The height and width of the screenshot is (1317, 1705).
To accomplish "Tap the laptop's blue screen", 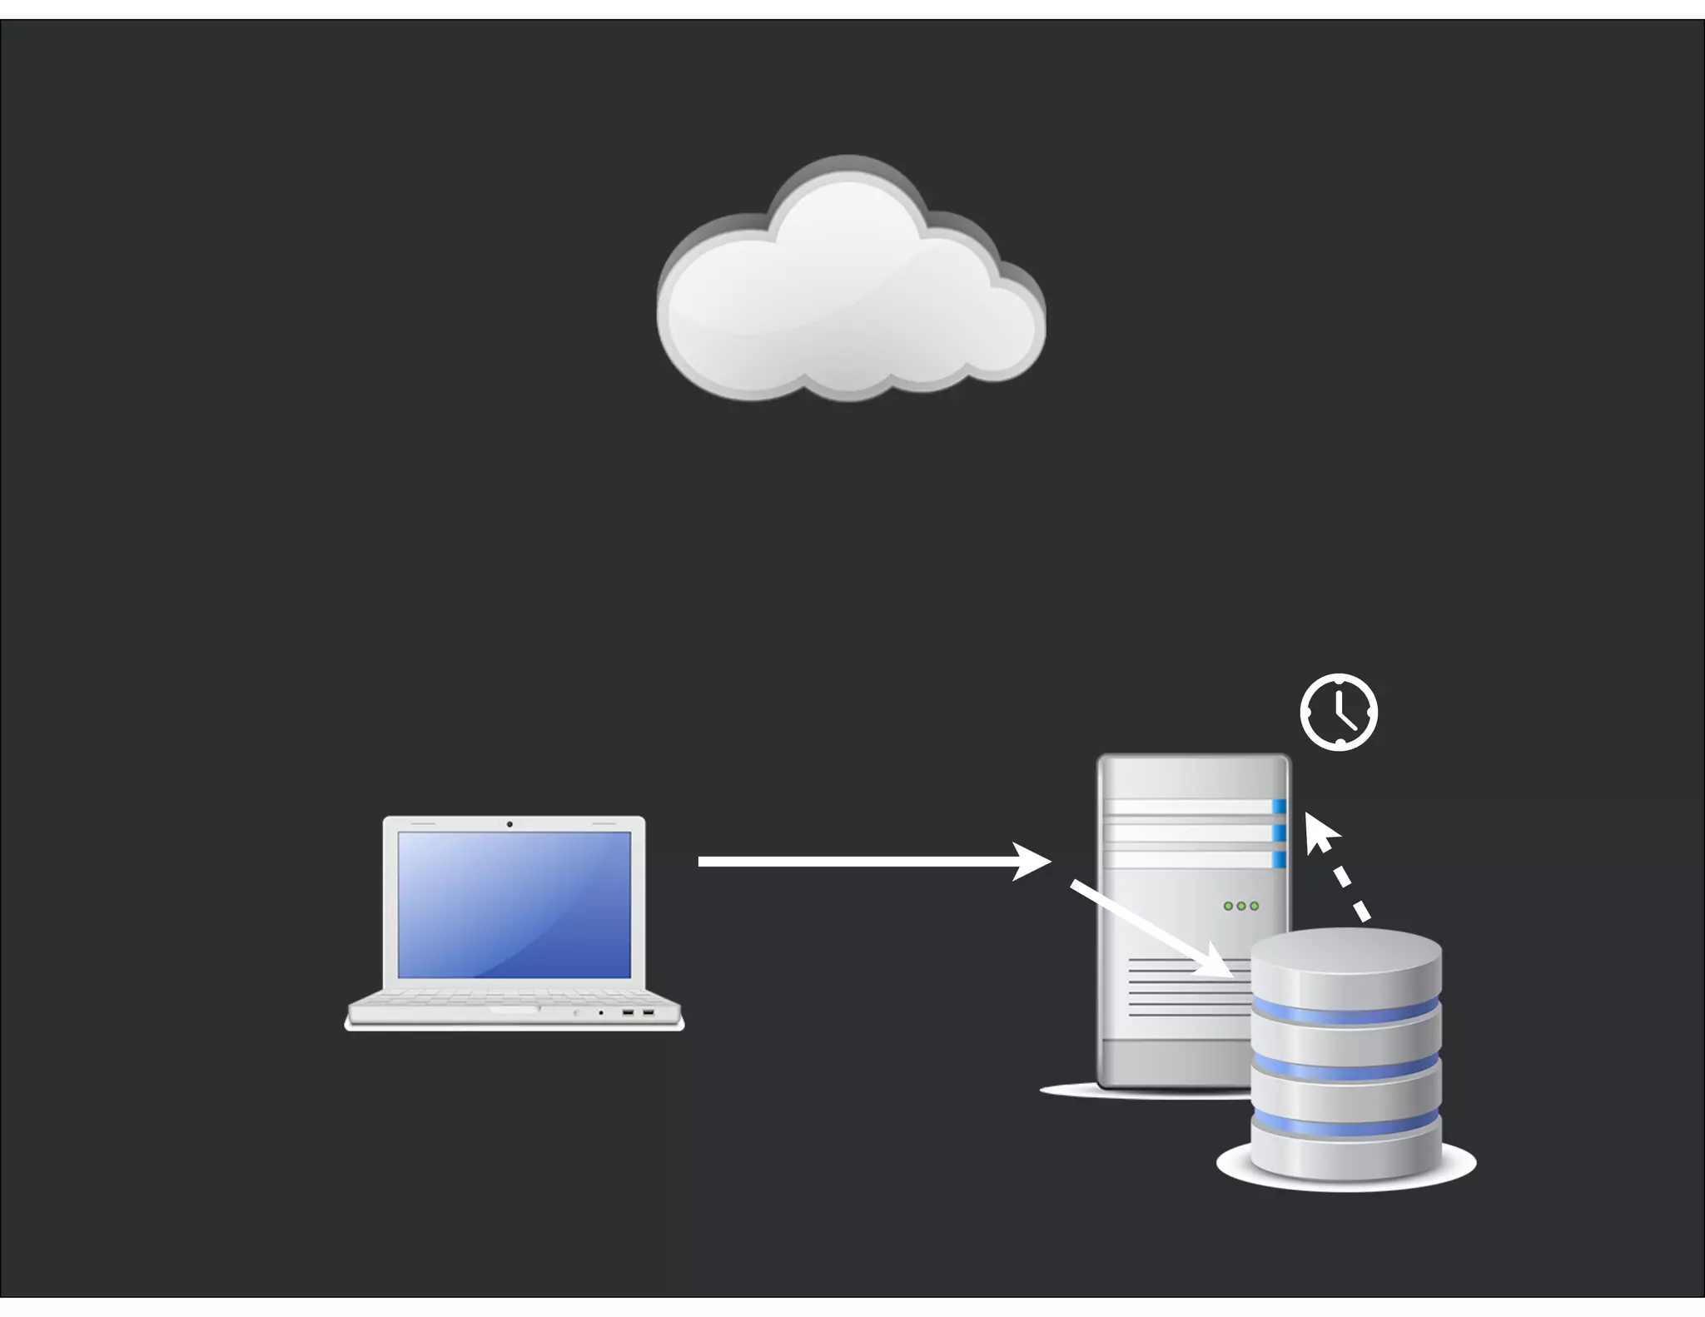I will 514,904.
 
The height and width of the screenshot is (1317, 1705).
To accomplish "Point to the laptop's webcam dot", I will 510,824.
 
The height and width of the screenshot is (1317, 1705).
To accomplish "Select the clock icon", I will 1339,713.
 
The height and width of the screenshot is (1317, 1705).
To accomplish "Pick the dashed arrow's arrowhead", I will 1319,830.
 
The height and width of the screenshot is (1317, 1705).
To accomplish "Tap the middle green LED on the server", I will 1240,906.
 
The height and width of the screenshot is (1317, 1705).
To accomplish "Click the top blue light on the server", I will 1279,806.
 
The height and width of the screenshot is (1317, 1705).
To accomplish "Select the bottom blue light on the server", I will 1279,859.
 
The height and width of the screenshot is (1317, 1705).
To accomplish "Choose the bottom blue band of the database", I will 1345,1124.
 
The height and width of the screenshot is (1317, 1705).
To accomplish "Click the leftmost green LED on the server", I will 1228,906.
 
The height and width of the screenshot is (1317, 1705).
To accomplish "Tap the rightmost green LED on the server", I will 1254,906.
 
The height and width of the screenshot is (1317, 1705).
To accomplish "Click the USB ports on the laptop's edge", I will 638,1012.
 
